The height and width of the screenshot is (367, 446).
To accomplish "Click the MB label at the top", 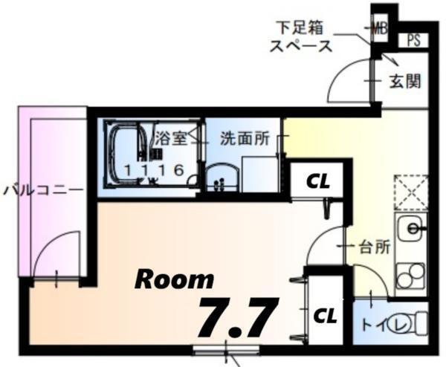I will [381, 30].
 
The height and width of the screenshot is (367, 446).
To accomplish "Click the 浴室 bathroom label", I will [170, 138].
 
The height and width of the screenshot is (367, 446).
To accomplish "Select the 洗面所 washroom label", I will [237, 138].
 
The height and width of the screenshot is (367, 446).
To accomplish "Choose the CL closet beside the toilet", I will [324, 315].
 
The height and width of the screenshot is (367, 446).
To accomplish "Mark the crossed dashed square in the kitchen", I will [411, 191].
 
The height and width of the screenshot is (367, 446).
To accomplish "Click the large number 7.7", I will [237, 317].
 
